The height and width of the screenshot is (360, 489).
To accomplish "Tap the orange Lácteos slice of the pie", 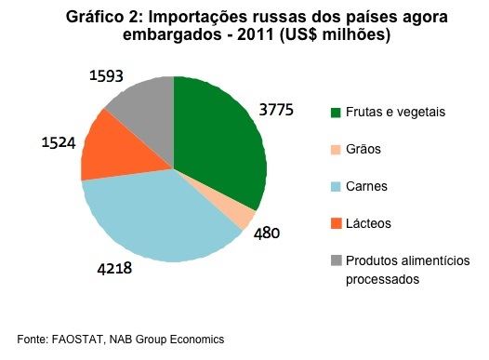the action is (122, 150).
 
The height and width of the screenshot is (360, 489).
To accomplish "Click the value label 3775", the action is (276, 110).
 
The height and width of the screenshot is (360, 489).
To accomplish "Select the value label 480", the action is (267, 233).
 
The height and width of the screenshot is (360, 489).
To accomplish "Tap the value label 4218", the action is (114, 268).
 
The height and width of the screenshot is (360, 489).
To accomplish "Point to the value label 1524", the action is (59, 143).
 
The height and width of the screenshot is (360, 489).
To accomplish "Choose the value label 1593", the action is (106, 75).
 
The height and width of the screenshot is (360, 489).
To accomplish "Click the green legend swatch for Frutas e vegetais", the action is (336, 113).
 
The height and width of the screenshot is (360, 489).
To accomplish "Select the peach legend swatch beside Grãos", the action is (336, 150).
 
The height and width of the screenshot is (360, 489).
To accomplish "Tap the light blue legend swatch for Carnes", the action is (336, 187).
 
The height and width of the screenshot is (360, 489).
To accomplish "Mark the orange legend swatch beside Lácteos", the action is (336, 223).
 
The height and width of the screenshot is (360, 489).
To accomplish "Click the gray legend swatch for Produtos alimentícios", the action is (336, 260).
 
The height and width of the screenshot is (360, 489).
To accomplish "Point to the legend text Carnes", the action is (366, 187).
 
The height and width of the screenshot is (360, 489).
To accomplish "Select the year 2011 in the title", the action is (255, 34).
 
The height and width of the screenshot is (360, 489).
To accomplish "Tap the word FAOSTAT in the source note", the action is (77, 340).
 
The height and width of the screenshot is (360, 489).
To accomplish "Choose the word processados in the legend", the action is (383, 279).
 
